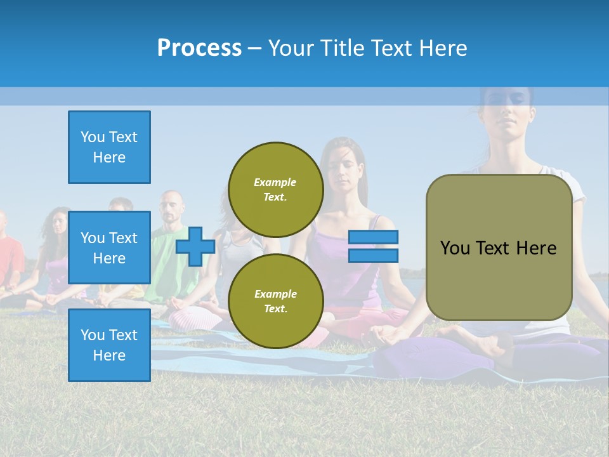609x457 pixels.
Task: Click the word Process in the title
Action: (199, 48)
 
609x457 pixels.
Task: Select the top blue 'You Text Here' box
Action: (109, 147)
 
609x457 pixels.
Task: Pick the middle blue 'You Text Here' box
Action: (109, 248)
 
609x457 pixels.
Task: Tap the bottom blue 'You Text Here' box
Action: (109, 345)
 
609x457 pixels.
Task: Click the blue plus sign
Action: (195, 246)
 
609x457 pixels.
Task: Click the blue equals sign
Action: (373, 246)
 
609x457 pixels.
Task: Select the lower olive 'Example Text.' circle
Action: (275, 301)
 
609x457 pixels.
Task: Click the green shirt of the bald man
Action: (166, 254)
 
